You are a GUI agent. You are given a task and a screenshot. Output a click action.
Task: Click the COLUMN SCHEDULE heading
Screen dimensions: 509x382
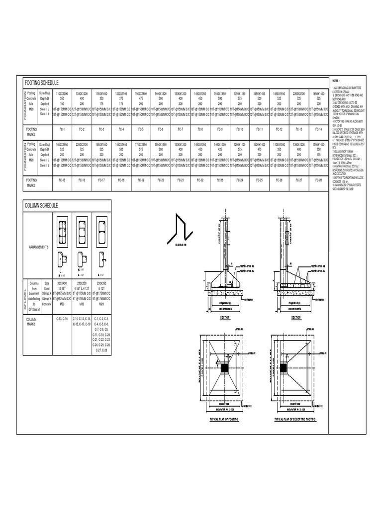point(41,205)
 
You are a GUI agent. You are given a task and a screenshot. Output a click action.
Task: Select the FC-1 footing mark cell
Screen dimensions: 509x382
point(62,129)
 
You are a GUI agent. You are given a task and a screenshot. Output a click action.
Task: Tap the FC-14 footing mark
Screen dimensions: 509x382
point(318,129)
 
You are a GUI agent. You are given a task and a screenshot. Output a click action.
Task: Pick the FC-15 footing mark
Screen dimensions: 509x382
point(62,179)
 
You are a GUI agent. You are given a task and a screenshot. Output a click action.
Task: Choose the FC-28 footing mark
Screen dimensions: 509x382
point(318,179)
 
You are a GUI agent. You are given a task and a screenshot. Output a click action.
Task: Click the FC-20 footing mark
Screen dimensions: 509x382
point(160,179)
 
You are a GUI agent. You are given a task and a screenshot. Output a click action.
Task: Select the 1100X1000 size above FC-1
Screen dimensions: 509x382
point(62,93)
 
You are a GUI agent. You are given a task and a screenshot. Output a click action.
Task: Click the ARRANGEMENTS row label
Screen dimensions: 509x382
point(39,247)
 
